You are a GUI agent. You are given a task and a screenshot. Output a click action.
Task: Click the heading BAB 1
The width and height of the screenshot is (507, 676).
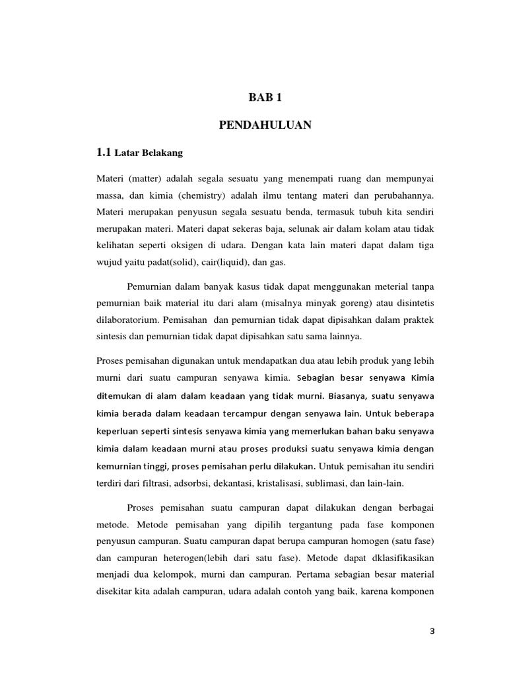265,98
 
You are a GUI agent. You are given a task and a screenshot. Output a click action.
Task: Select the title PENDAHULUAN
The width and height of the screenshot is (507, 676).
265,125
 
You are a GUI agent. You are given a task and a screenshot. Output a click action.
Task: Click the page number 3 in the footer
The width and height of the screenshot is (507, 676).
432,631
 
